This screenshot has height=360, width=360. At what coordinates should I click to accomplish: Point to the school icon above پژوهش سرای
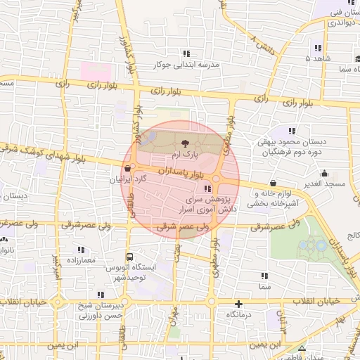coord(207,189)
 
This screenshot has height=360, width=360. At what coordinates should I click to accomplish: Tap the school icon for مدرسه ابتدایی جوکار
coord(186,53)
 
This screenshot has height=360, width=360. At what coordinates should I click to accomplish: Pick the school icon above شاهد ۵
coord(318,48)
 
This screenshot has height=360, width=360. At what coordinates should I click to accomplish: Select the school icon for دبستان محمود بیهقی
coord(291,131)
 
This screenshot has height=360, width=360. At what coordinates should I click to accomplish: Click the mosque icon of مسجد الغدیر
coord(324,173)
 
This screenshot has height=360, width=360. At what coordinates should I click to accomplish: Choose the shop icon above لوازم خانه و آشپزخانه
coord(272,183)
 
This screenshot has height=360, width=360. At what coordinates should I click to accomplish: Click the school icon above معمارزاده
coord(80,250)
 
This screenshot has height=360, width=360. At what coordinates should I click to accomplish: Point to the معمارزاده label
coord(80,260)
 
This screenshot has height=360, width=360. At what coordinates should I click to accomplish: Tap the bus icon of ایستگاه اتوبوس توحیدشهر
coord(129,257)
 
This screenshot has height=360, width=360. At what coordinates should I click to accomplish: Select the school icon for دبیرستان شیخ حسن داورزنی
coord(101,295)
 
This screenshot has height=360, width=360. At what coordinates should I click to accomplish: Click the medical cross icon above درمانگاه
coord(240,304)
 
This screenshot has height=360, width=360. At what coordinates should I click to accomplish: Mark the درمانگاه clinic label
coord(240,315)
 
